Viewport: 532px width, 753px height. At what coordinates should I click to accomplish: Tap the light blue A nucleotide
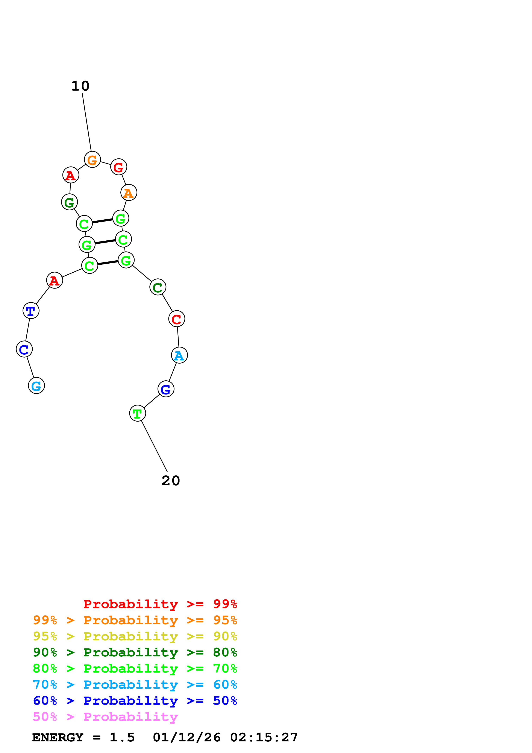179,355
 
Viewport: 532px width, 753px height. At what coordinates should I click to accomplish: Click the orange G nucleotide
92,159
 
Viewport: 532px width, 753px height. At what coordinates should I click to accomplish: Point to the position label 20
171,481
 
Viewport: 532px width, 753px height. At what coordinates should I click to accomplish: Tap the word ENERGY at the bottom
58,737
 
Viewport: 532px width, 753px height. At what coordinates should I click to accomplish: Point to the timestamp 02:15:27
264,737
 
